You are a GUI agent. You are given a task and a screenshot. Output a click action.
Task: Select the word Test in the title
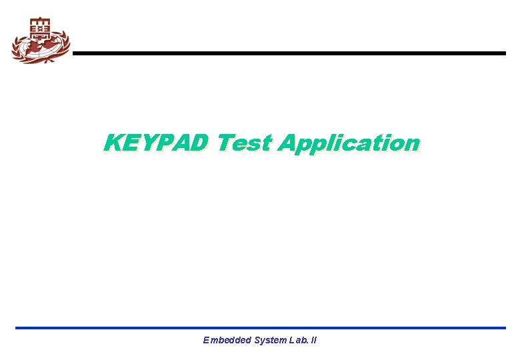[x=245, y=143]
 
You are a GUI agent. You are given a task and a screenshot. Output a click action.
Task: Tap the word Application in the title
[x=349, y=143]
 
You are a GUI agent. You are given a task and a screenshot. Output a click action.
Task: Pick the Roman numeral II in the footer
[x=313, y=340]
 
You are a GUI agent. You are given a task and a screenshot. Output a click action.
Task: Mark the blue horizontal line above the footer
[x=260, y=328]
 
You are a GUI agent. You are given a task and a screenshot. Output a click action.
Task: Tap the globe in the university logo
[x=40, y=47]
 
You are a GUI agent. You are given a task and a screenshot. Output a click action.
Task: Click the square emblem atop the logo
[x=40, y=27]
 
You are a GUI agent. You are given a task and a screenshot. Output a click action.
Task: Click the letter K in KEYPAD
[x=112, y=143]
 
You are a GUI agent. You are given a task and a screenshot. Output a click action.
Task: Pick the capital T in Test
[x=225, y=143]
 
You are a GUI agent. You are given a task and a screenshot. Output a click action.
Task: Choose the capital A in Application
[x=288, y=143]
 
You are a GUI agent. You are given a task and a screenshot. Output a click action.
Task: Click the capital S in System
[x=257, y=340]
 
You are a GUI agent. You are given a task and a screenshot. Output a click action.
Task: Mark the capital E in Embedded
[x=206, y=340]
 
